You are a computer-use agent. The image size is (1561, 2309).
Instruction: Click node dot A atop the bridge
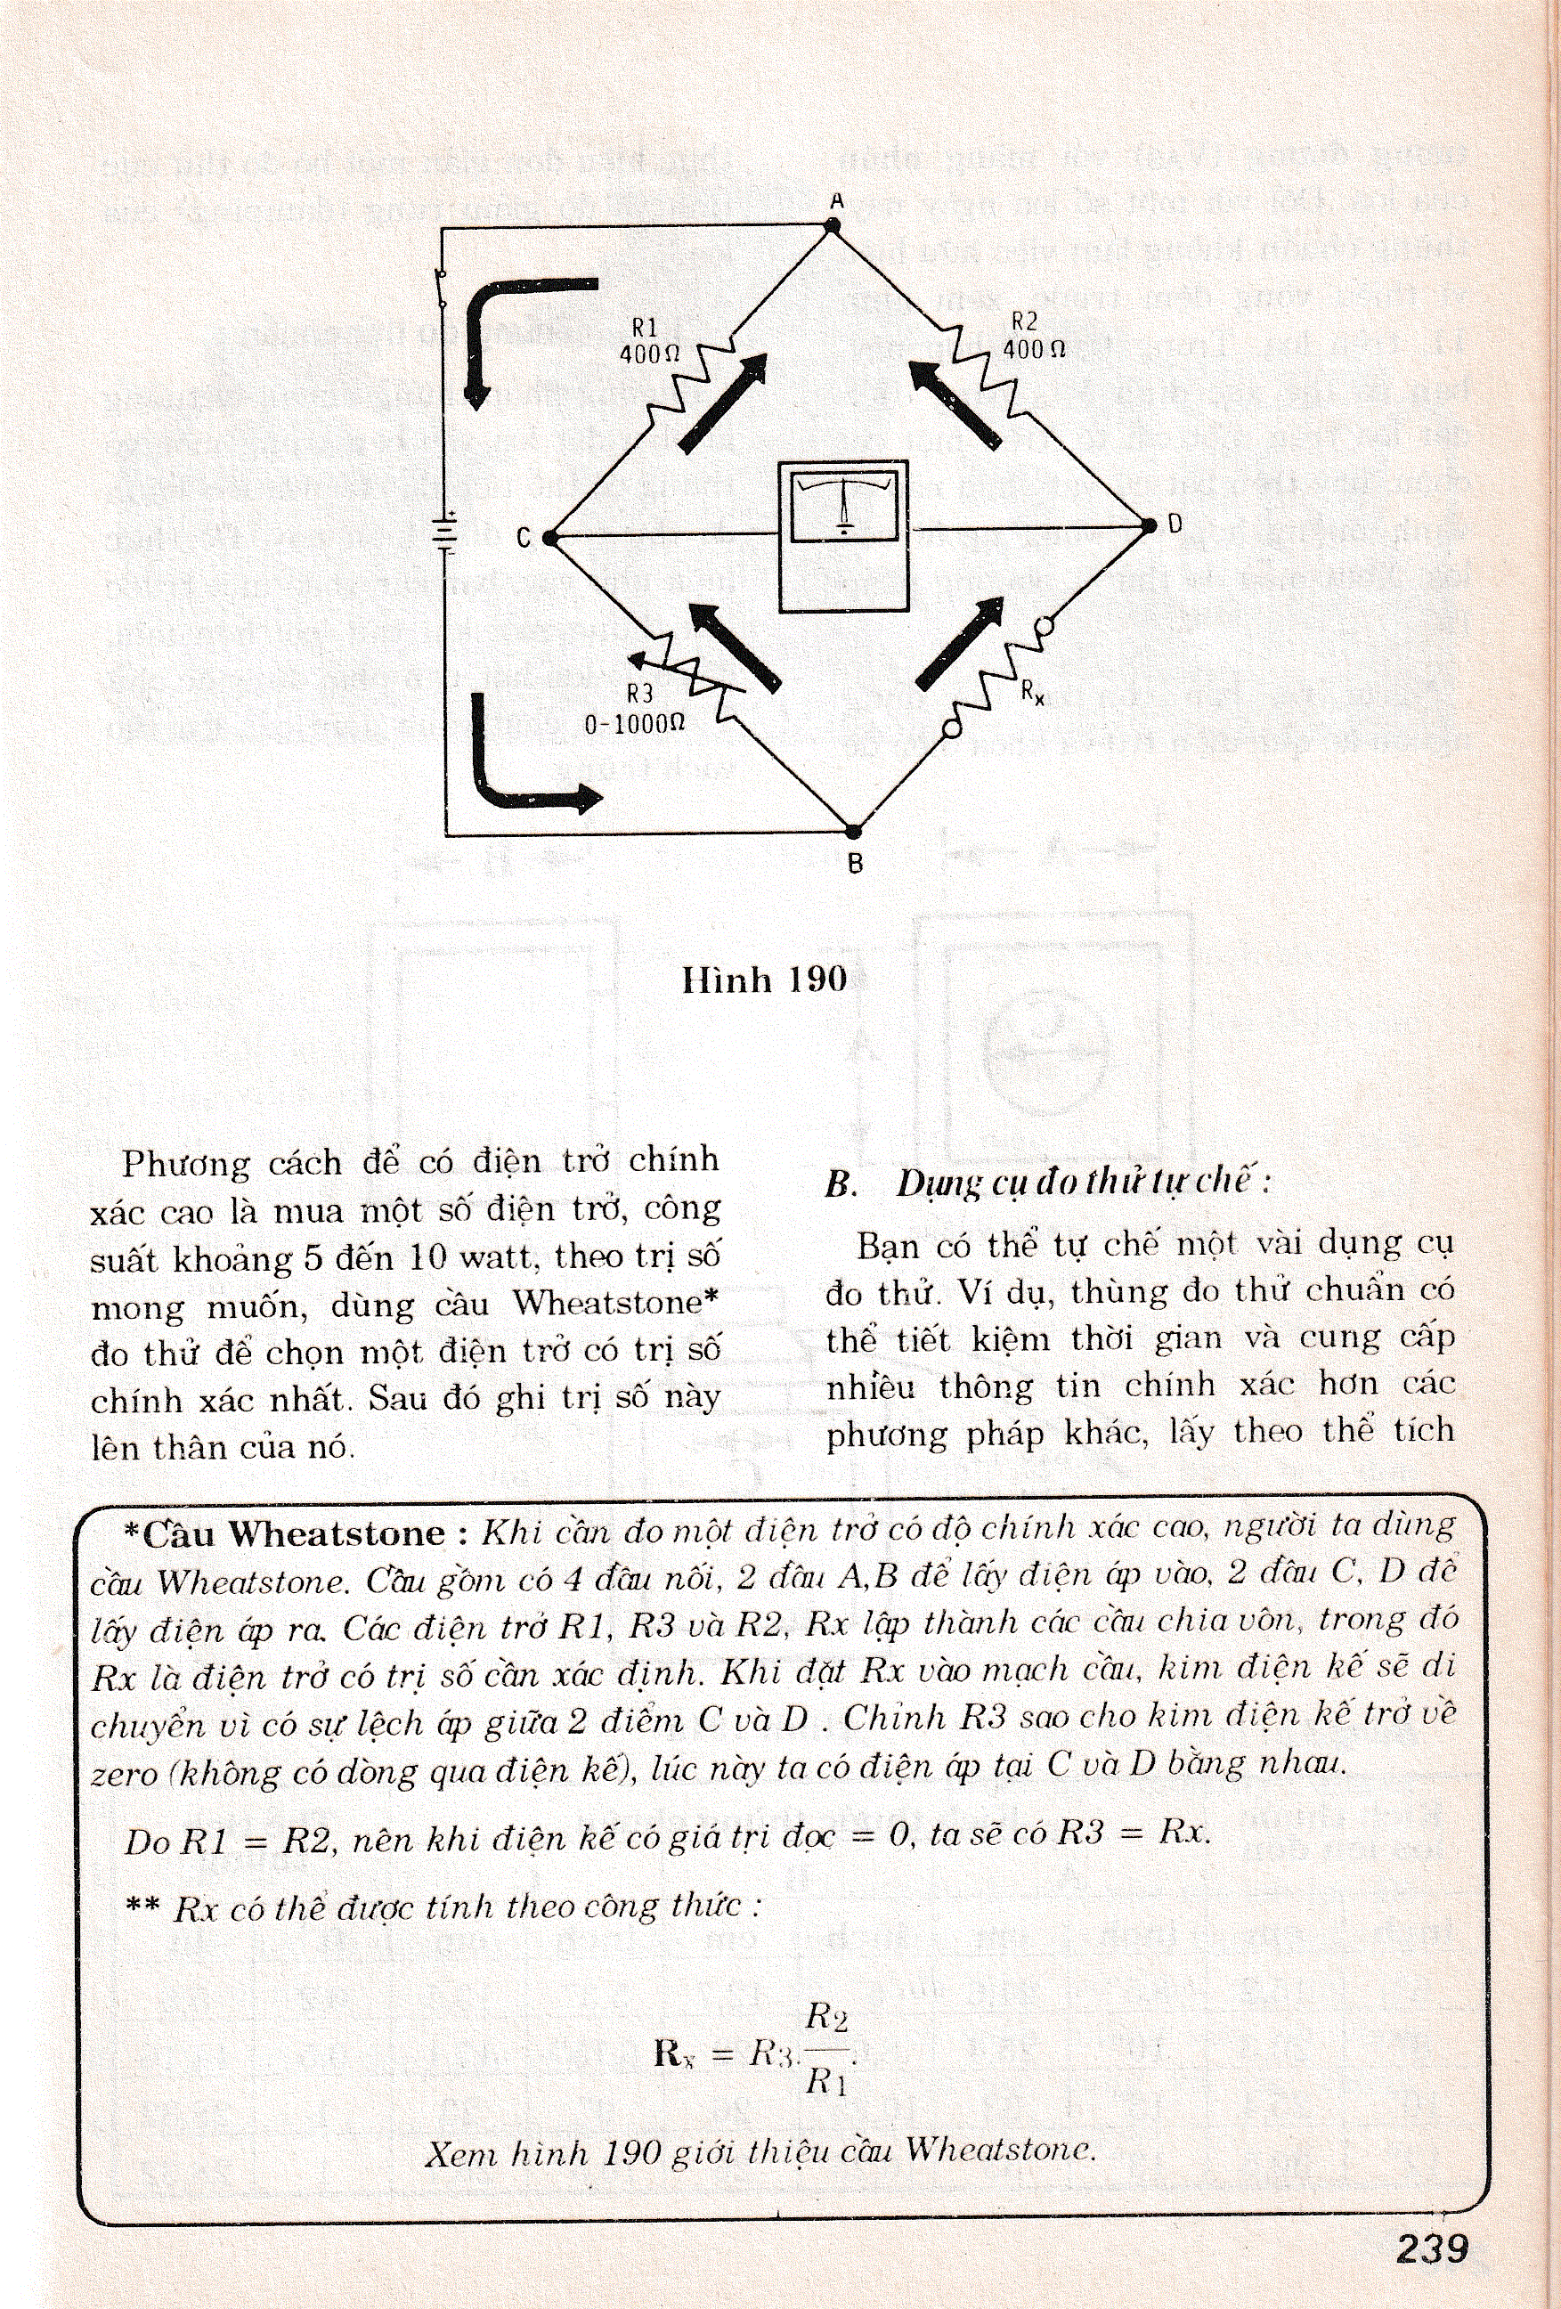(833, 226)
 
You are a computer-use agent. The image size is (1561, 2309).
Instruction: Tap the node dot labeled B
(852, 829)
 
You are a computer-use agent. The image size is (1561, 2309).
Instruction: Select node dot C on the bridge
(550, 538)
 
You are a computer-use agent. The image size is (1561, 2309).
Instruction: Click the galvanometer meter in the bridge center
(842, 537)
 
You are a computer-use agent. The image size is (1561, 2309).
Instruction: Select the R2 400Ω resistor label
(1028, 336)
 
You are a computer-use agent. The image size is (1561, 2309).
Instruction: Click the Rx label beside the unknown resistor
(1033, 692)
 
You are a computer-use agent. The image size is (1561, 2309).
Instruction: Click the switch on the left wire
(443, 289)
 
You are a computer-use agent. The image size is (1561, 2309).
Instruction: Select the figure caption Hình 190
(763, 980)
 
